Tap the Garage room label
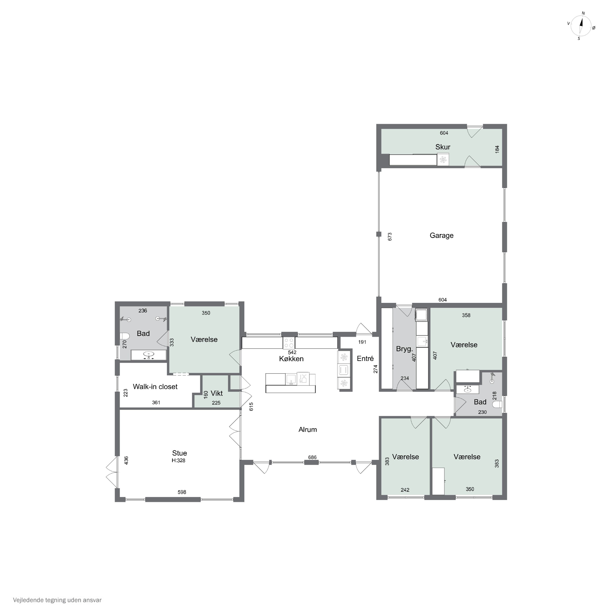(x=441, y=235)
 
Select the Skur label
(x=443, y=147)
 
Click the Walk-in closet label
(x=155, y=386)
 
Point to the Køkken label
(x=291, y=359)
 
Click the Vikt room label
(x=217, y=393)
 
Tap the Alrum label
(x=308, y=429)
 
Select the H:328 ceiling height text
(x=178, y=460)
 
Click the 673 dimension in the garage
(x=390, y=237)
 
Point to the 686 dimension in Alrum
(x=312, y=457)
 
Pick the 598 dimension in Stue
(x=182, y=492)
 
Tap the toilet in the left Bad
(x=124, y=336)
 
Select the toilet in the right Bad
(x=498, y=404)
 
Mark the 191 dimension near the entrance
(x=362, y=342)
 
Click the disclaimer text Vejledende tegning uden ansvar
(x=57, y=600)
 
